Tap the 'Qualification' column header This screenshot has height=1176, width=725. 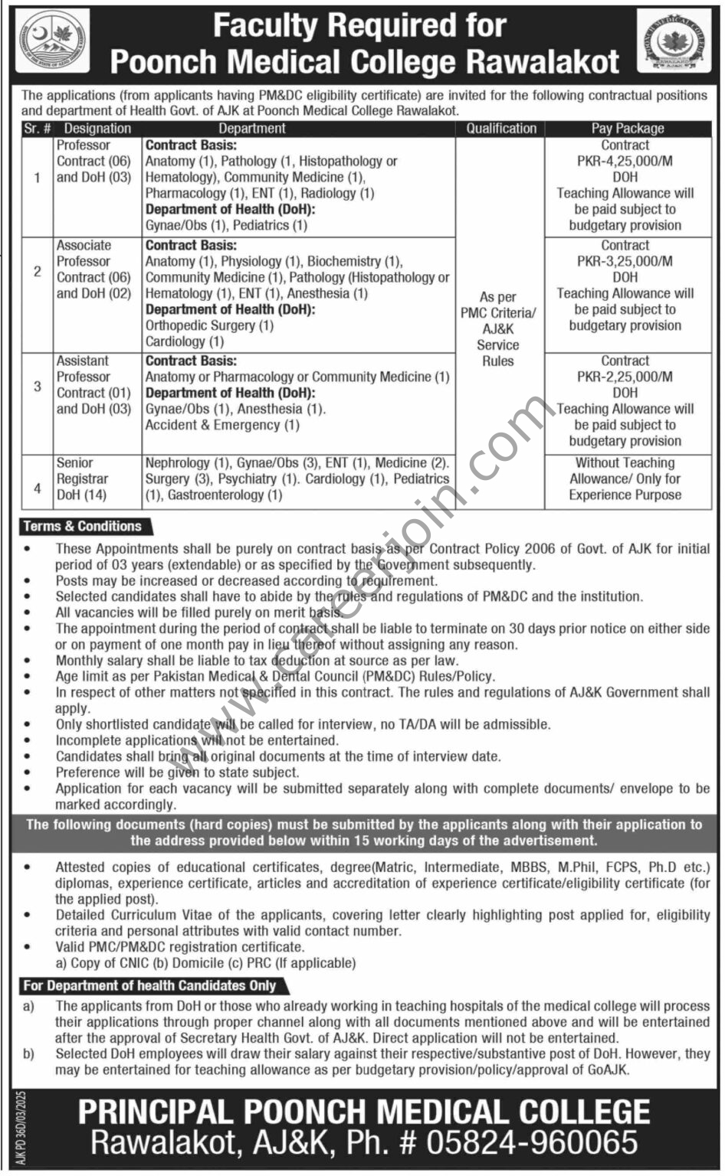click(501, 129)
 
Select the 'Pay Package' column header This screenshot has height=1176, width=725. click(627, 129)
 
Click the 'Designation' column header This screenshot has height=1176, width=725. click(97, 129)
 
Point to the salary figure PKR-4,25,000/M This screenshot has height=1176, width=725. click(625, 161)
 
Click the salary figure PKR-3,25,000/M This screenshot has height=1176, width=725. click(625, 261)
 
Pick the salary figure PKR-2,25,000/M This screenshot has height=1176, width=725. click(625, 377)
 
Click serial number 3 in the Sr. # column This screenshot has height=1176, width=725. click(37, 386)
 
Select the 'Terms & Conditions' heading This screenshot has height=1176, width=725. click(83, 527)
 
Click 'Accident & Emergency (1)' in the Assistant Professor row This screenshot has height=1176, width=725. click(222, 425)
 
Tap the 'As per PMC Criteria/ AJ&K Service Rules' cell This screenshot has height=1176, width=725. click(498, 329)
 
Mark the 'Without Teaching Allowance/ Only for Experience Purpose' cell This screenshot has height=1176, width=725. click(625, 479)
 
